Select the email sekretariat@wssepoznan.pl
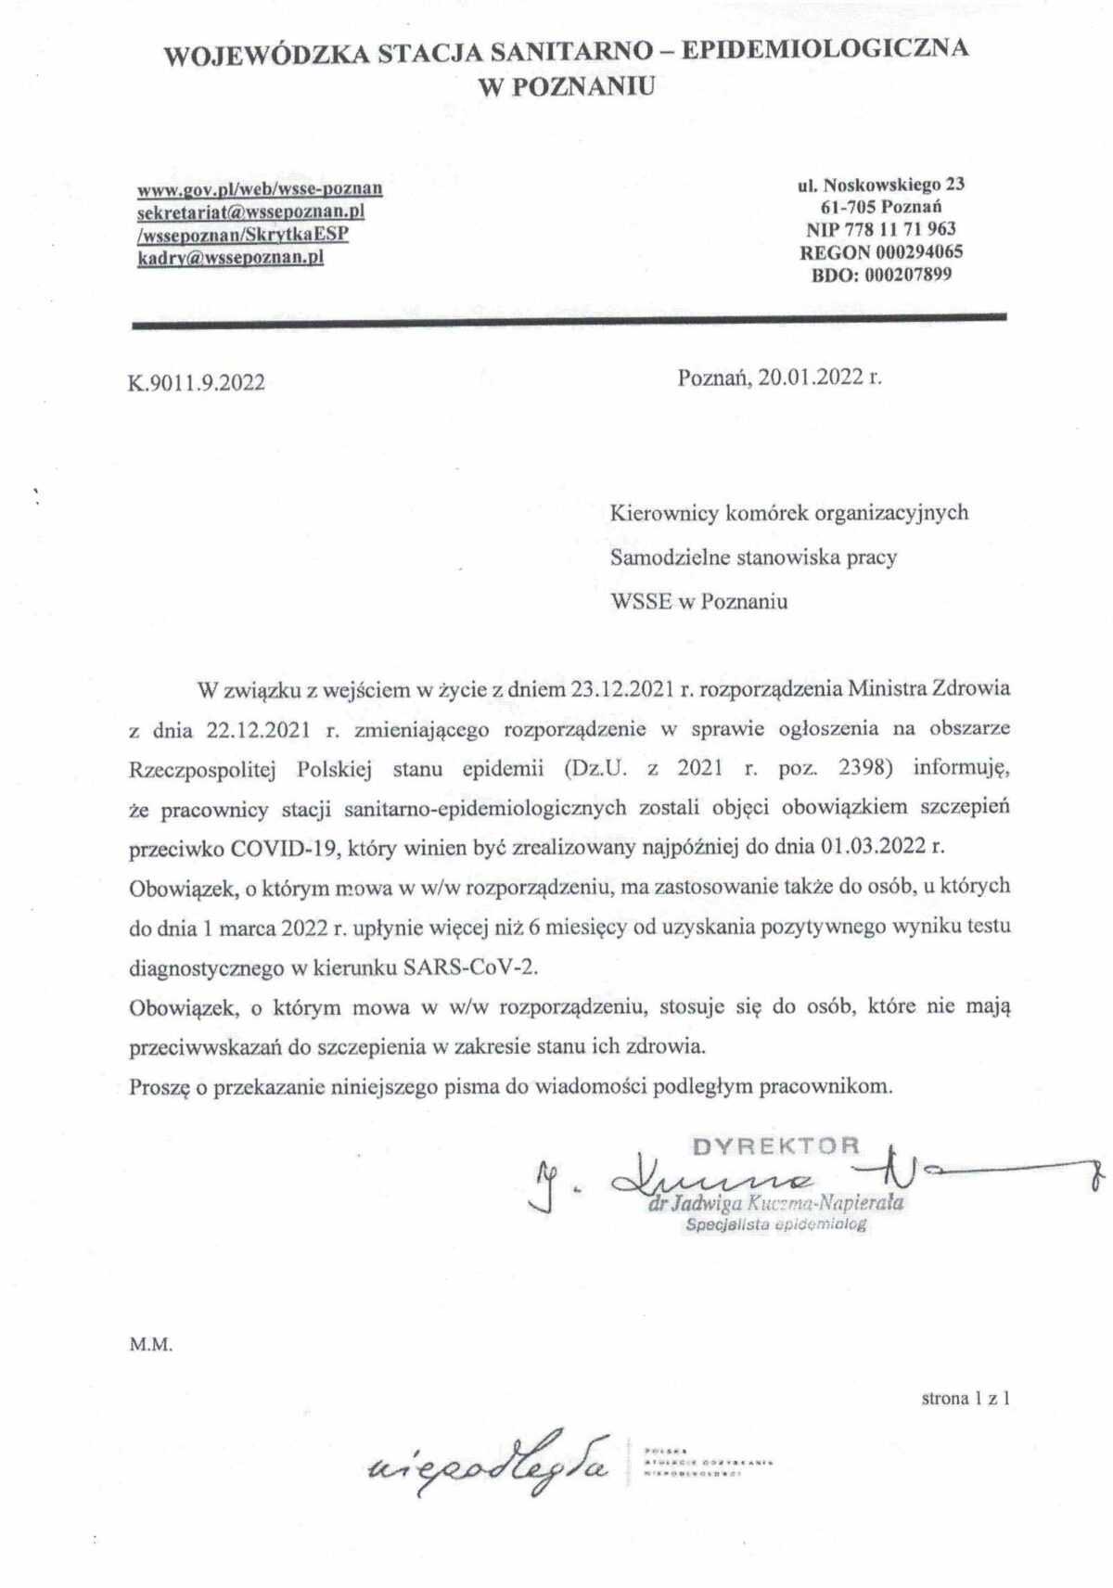tap(251, 211)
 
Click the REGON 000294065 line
tap(880, 251)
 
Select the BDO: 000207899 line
tap(880, 274)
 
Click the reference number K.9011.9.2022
tap(196, 382)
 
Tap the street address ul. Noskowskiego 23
tap(880, 184)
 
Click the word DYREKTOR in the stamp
tap(776, 1144)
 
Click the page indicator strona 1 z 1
tap(966, 1398)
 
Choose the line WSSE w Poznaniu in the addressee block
tap(699, 601)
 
